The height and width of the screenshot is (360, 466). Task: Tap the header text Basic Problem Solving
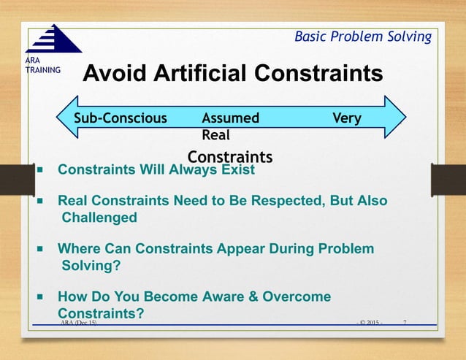pos(362,37)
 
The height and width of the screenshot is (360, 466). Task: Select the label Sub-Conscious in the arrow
pos(121,118)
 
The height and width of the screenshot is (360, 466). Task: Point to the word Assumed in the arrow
pos(230,118)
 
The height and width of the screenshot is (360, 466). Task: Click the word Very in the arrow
pos(346,118)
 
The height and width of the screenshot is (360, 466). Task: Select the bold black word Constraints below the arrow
pos(230,157)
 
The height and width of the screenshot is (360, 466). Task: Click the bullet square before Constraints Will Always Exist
pos(41,171)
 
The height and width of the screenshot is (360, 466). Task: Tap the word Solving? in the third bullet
pos(91,266)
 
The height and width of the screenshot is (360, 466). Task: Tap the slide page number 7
pos(406,321)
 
